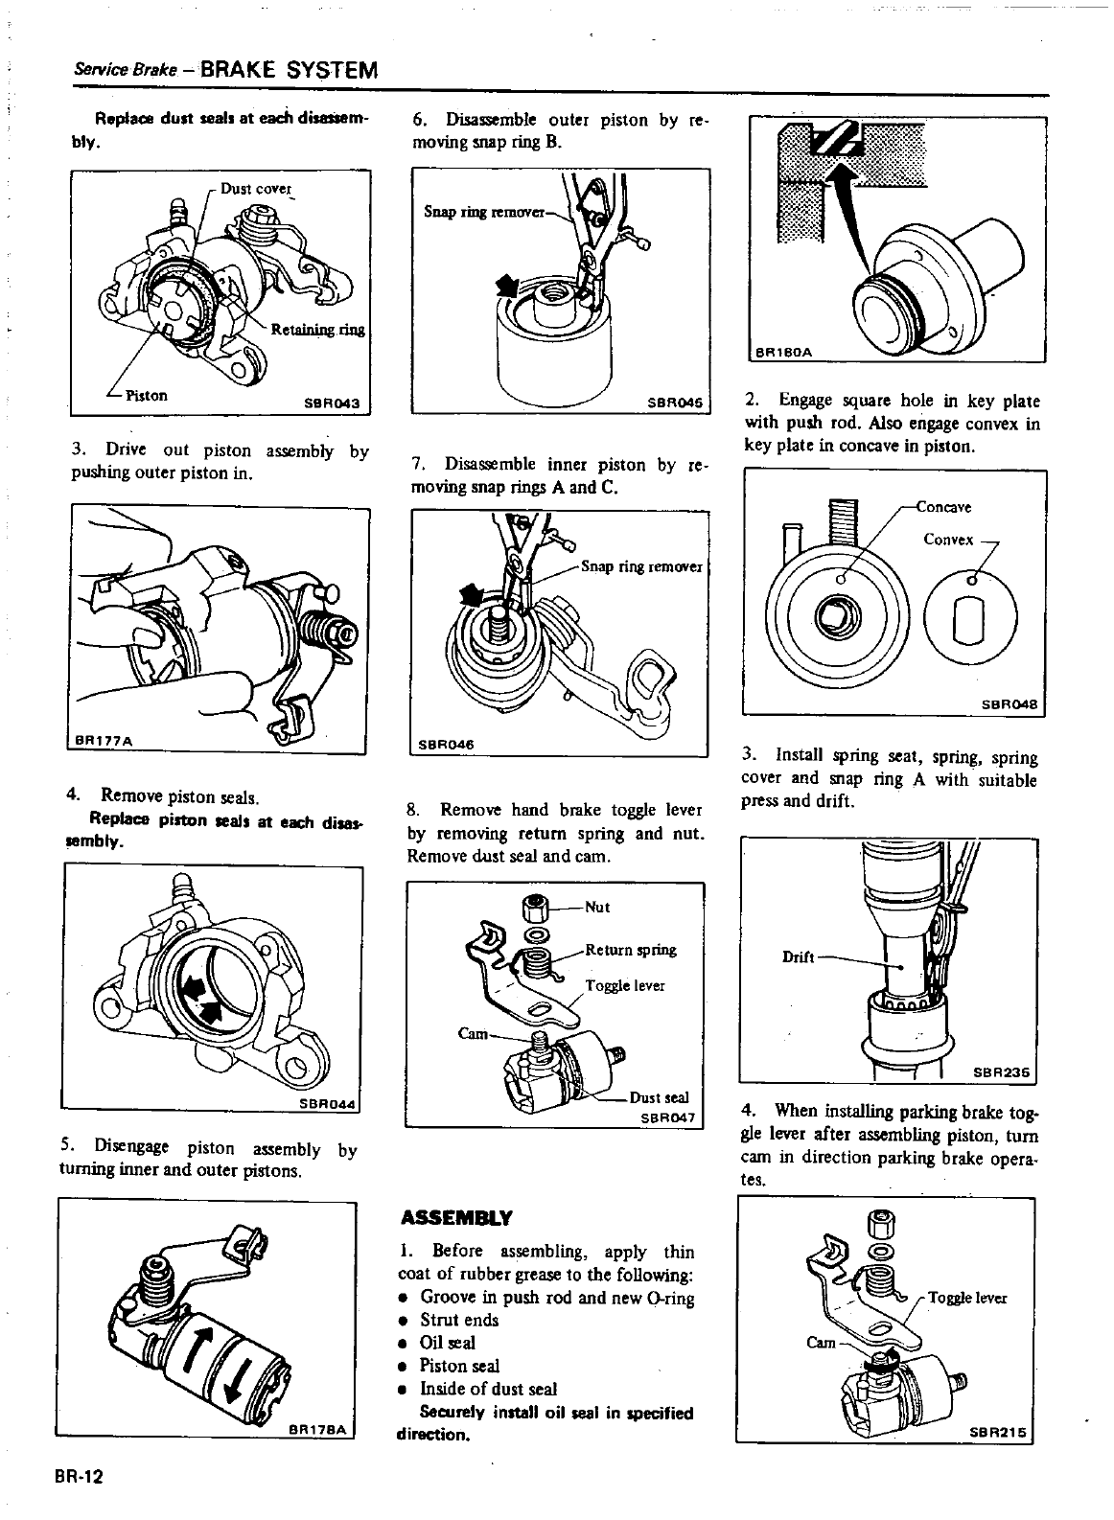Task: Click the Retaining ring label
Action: [317, 331]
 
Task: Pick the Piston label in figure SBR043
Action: [146, 395]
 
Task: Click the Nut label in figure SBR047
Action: [596, 907]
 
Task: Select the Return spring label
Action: [630, 951]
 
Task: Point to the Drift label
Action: [799, 956]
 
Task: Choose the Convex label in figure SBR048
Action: [948, 540]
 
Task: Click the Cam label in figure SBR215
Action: [821, 1342]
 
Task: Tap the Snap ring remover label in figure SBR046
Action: [641, 566]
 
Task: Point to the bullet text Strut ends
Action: [459, 1320]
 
